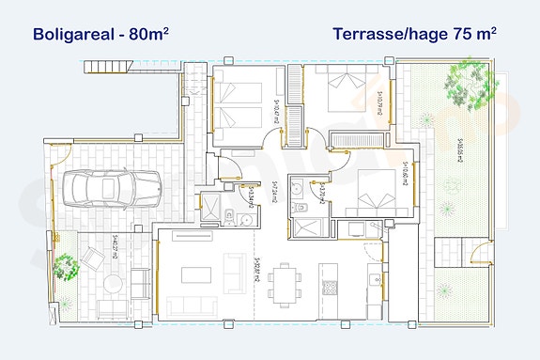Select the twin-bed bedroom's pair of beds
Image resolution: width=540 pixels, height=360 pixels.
point(239,104)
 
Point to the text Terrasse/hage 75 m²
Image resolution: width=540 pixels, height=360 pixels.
point(414,35)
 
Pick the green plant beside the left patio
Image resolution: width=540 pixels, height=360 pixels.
point(66,263)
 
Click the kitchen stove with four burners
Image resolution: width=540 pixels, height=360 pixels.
point(330,287)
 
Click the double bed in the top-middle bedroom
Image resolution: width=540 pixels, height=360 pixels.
point(338,94)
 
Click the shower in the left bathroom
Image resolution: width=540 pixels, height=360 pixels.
point(212,206)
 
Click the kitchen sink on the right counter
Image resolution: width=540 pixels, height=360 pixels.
point(374,278)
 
